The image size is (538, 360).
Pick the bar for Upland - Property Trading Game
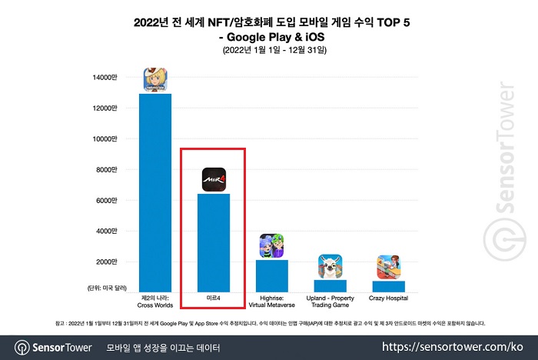click(330, 285)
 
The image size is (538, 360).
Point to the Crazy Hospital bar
click(388, 286)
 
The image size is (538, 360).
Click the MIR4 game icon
click(213, 180)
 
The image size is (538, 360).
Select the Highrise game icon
click(271, 246)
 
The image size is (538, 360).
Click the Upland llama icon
click(330, 266)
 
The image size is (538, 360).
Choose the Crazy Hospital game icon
click(388, 267)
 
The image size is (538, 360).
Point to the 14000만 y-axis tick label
click(105, 77)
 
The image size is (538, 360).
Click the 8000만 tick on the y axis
click(107, 169)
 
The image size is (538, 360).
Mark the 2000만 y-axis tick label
click(107, 262)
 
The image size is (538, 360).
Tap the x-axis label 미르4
click(213, 297)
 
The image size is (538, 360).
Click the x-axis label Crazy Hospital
click(388, 297)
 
